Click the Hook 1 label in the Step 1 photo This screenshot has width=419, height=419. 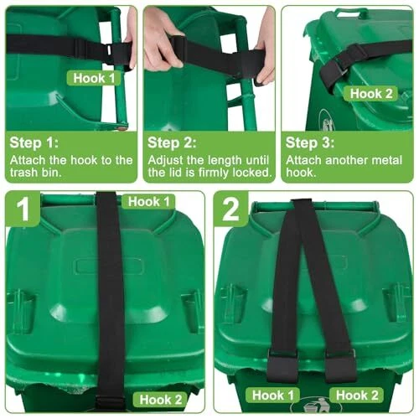tap(94, 78)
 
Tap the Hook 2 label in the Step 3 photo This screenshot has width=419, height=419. tap(370, 94)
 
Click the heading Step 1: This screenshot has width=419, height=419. tap(34, 142)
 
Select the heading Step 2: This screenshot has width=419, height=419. tap(172, 142)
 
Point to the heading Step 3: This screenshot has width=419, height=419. tap(310, 142)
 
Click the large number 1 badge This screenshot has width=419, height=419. tap(23, 209)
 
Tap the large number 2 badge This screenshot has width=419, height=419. tap(230, 209)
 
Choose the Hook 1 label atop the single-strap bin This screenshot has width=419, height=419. tap(148, 201)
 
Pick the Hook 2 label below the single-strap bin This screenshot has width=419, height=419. tap(160, 399)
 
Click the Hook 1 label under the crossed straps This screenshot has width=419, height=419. tap(272, 396)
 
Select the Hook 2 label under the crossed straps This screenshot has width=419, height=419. tap(357, 396)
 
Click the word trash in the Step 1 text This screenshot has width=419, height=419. tap(24, 173)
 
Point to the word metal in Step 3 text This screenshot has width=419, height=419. tap(387, 160)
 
